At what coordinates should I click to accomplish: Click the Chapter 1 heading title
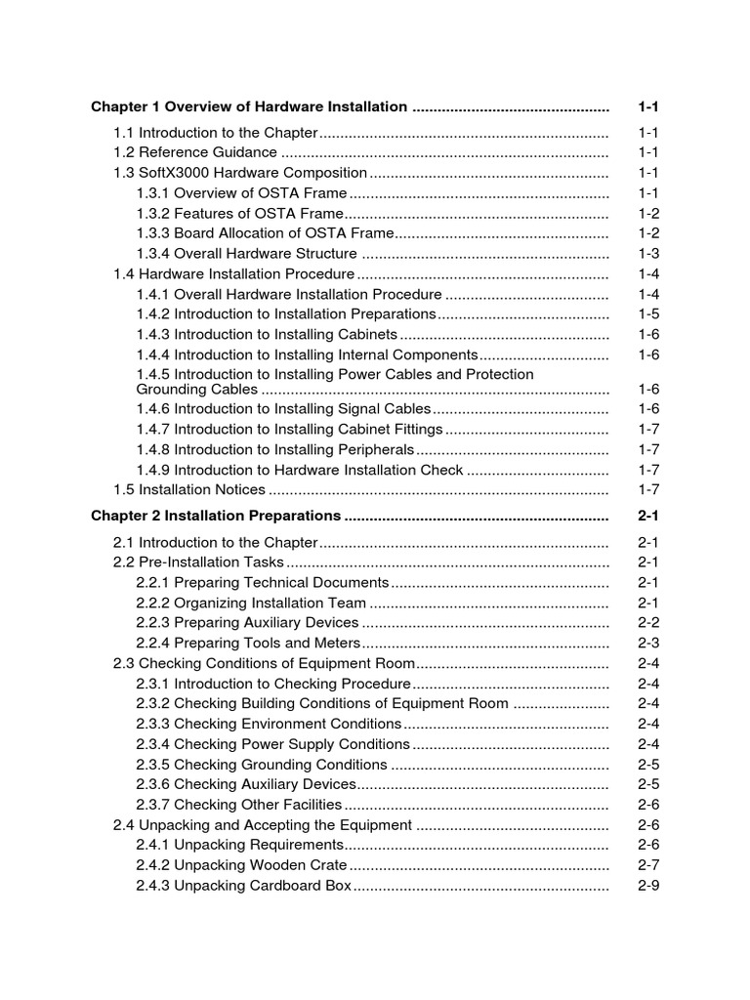tap(249, 106)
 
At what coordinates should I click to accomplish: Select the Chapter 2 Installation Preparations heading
tap(216, 516)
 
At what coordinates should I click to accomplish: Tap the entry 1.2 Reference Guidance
tap(195, 152)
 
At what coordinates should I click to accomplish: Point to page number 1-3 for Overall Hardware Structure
tap(648, 254)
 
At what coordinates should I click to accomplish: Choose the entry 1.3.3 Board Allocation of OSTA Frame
tap(265, 233)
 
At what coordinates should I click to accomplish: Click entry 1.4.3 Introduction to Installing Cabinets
tap(267, 335)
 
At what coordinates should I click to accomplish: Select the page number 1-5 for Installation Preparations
tap(648, 314)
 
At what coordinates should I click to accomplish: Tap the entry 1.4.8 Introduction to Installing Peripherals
tap(275, 449)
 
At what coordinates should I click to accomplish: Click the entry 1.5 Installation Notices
tap(189, 489)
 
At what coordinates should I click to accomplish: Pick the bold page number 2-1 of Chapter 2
tap(648, 516)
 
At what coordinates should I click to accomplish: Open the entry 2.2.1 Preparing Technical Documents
tap(263, 583)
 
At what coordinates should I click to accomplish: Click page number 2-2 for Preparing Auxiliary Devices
tap(648, 623)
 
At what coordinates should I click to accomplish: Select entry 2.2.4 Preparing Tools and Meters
tap(248, 644)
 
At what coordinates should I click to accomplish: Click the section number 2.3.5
tap(153, 765)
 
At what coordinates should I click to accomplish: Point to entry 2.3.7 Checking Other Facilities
tap(239, 805)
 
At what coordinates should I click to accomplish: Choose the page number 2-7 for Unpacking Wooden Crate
tap(648, 865)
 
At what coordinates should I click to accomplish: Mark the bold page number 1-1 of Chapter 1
tap(648, 106)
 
